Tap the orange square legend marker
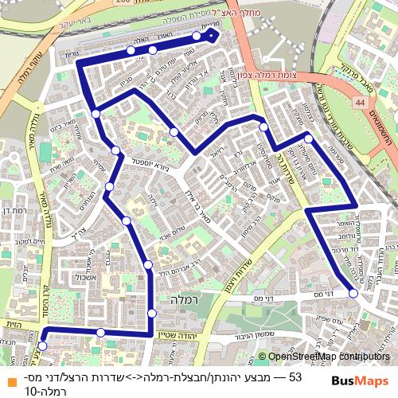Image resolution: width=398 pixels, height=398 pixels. [x=7, y=377]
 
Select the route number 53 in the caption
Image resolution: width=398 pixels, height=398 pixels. [x=295, y=377]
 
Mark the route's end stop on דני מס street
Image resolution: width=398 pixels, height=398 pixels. [x=353, y=293]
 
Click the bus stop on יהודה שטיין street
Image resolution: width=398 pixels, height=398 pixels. [x=100, y=332]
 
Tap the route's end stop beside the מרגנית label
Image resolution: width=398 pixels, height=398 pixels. [x=197, y=36]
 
